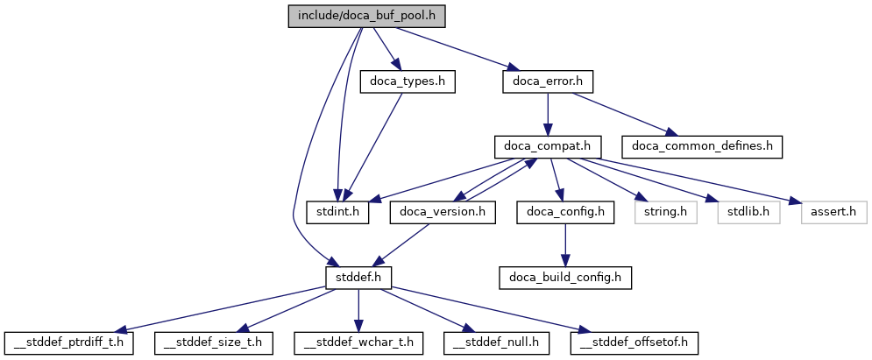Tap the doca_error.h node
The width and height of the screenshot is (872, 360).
[548, 81]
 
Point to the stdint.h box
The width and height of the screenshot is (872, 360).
[343, 211]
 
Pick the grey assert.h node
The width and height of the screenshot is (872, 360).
[831, 211]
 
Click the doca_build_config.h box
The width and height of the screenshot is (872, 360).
[565, 276]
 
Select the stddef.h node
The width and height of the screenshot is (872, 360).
[358, 276]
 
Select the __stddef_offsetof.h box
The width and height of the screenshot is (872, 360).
[635, 341]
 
